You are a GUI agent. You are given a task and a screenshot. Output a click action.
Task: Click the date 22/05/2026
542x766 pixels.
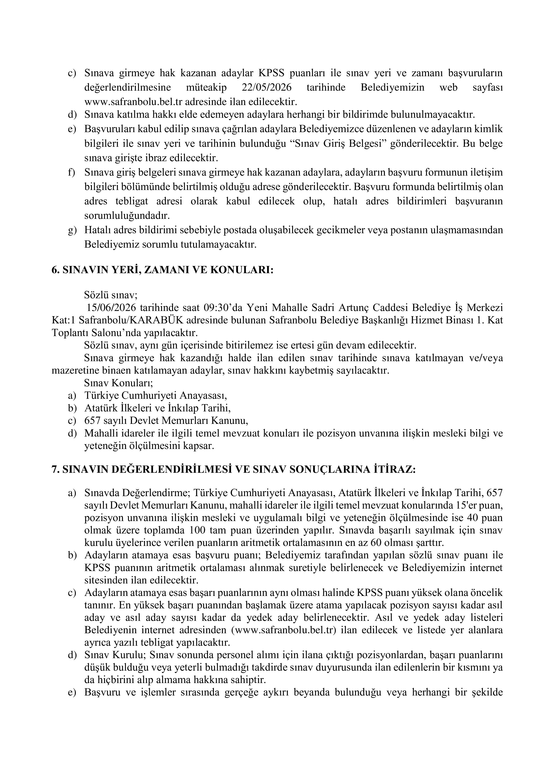pyautogui.click(x=266, y=87)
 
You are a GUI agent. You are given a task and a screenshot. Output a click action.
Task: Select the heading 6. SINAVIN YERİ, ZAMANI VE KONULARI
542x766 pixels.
pyautogui.click(x=163, y=270)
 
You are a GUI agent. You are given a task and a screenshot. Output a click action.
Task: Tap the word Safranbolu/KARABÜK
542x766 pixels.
pyautogui.click(x=130, y=320)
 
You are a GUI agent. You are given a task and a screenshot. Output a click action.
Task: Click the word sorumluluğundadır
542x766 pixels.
pyautogui.click(x=127, y=216)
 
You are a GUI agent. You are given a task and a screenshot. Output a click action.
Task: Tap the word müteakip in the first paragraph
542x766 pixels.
pyautogui.click(x=206, y=87)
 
